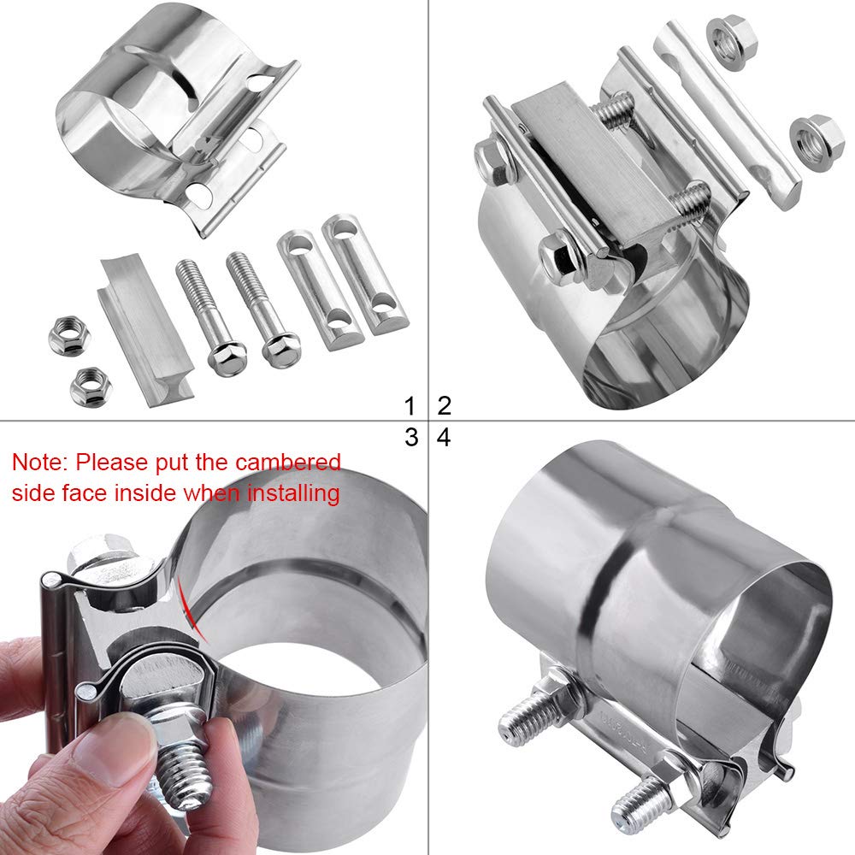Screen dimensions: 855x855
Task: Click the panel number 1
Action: click(x=410, y=404)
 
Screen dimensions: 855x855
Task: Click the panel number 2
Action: click(x=444, y=404)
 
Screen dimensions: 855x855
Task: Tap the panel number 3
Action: click(x=410, y=438)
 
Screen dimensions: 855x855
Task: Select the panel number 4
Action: click(x=444, y=438)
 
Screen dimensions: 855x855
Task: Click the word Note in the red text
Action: click(x=38, y=463)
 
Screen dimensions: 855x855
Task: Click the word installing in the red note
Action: click(x=292, y=492)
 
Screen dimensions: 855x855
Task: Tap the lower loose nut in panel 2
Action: click(x=817, y=139)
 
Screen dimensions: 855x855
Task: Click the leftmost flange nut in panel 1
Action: click(x=66, y=336)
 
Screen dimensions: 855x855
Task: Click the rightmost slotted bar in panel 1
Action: click(x=365, y=272)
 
